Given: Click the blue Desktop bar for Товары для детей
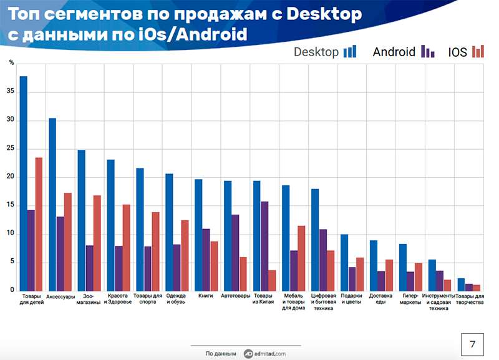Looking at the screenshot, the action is (24, 183).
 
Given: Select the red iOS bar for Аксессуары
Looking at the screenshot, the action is (68, 242).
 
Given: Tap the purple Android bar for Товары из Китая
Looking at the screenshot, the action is (264, 246).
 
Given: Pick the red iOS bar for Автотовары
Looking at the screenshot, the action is (243, 274).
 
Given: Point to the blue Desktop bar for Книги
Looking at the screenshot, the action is (198, 235).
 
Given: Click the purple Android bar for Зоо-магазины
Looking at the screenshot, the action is (89, 268).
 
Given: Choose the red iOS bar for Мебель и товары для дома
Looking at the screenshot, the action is (301, 258).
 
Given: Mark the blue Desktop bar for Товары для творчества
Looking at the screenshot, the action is (461, 285).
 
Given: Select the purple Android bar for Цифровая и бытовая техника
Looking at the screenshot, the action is (323, 260).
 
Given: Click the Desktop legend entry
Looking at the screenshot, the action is (325, 52).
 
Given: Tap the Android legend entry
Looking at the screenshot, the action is (404, 52).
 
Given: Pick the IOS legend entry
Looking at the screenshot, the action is (466, 52).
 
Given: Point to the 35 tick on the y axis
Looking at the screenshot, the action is (11, 91).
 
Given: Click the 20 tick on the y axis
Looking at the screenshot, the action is (11, 177).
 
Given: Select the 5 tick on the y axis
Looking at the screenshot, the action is (12, 261).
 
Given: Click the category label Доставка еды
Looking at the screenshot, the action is (380, 299).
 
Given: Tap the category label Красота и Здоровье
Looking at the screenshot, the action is (117, 299).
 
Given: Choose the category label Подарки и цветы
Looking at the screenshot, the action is (351, 299).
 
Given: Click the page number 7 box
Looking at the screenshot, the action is (472, 344).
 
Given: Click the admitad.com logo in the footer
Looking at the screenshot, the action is (264, 354).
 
